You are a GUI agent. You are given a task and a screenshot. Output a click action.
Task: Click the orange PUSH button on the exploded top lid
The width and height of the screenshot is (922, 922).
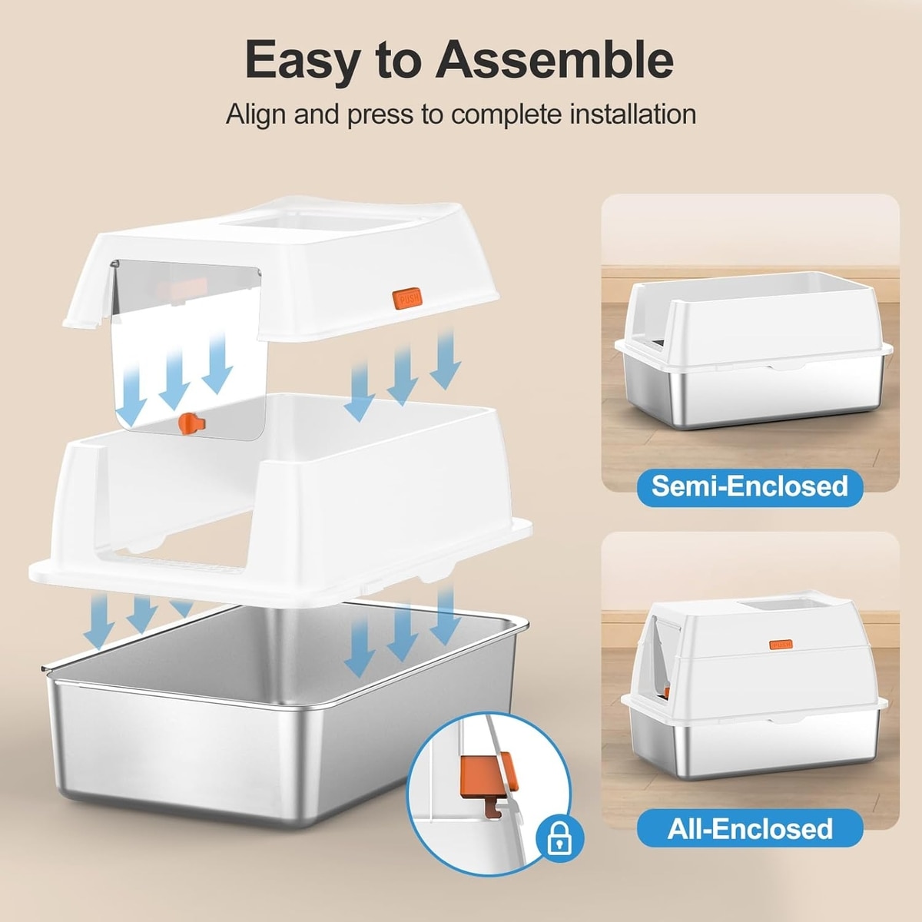407,298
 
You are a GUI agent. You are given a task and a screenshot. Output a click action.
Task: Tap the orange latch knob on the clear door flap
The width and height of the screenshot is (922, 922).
191,423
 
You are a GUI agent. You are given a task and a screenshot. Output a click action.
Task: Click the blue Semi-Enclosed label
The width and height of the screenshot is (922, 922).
750,486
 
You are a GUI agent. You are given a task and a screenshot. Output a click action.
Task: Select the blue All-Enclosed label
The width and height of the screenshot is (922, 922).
750,829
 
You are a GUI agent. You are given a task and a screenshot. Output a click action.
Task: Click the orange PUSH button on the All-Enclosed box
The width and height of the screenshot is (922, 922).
781,645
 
